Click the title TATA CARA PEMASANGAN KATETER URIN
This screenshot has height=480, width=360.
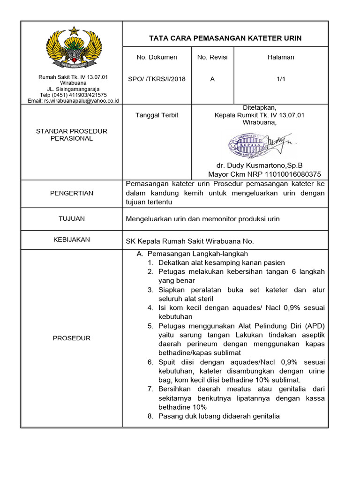point(225,38)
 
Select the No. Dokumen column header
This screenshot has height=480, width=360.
point(157,57)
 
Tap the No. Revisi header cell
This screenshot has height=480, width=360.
point(212,57)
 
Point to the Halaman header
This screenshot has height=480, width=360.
point(281,57)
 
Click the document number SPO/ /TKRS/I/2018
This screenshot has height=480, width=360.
point(157,79)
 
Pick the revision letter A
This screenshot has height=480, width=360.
point(212,79)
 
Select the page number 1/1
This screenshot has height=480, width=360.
point(281,79)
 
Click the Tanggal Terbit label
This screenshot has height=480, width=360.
point(157,115)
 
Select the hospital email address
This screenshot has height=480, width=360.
point(73,101)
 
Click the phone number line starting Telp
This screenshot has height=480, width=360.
point(73,95)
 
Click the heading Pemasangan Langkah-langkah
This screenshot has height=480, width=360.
point(197,254)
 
